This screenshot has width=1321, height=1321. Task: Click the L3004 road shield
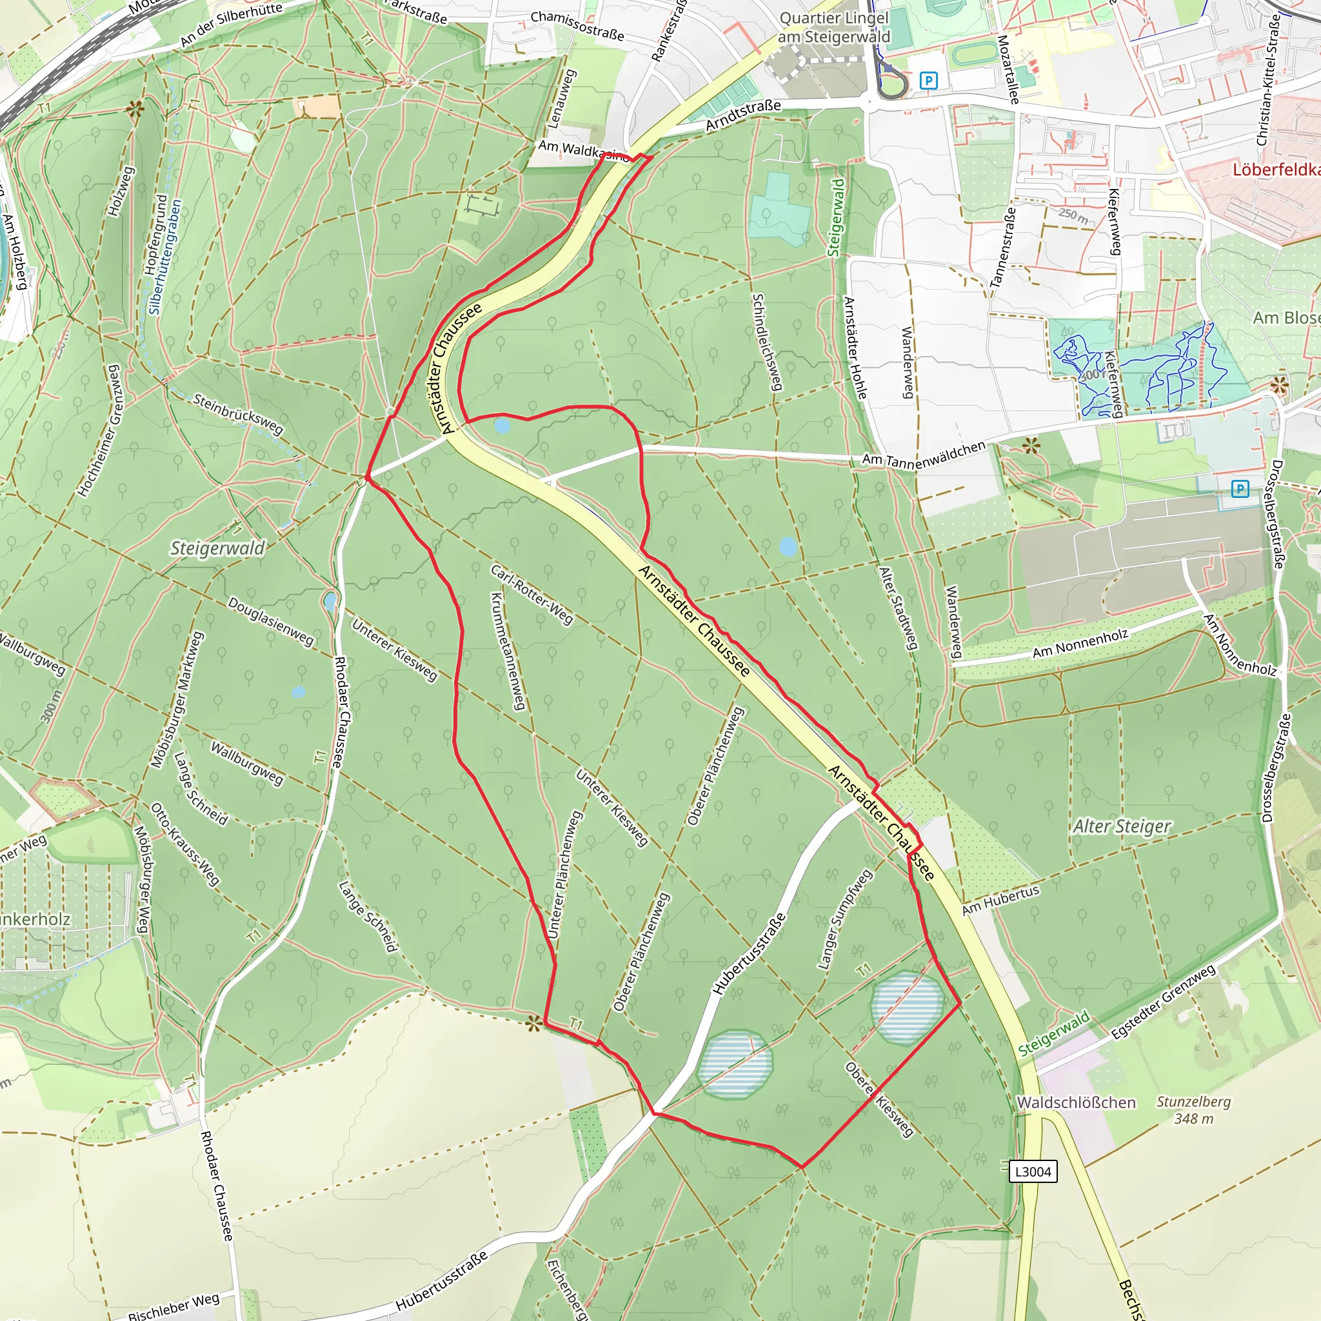click(1033, 1171)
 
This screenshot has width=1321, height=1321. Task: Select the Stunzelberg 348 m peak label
click(1194, 1111)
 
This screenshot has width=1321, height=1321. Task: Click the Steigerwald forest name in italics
click(217, 548)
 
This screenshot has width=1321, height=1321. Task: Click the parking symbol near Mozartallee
click(928, 81)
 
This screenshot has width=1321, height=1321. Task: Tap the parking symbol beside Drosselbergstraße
click(1240, 489)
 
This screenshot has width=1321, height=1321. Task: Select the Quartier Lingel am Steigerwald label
click(834, 28)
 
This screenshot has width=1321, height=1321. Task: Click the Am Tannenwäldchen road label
click(923, 455)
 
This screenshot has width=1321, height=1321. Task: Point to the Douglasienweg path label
click(271, 622)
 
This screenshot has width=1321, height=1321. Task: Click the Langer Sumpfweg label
click(845, 919)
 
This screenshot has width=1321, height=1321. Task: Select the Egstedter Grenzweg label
click(1163, 1002)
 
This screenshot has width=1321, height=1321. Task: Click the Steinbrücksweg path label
click(238, 413)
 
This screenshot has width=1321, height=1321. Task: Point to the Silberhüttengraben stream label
click(166, 257)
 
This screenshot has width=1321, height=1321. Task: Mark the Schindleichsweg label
click(766, 342)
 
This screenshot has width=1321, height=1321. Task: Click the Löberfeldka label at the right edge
click(1276, 170)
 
